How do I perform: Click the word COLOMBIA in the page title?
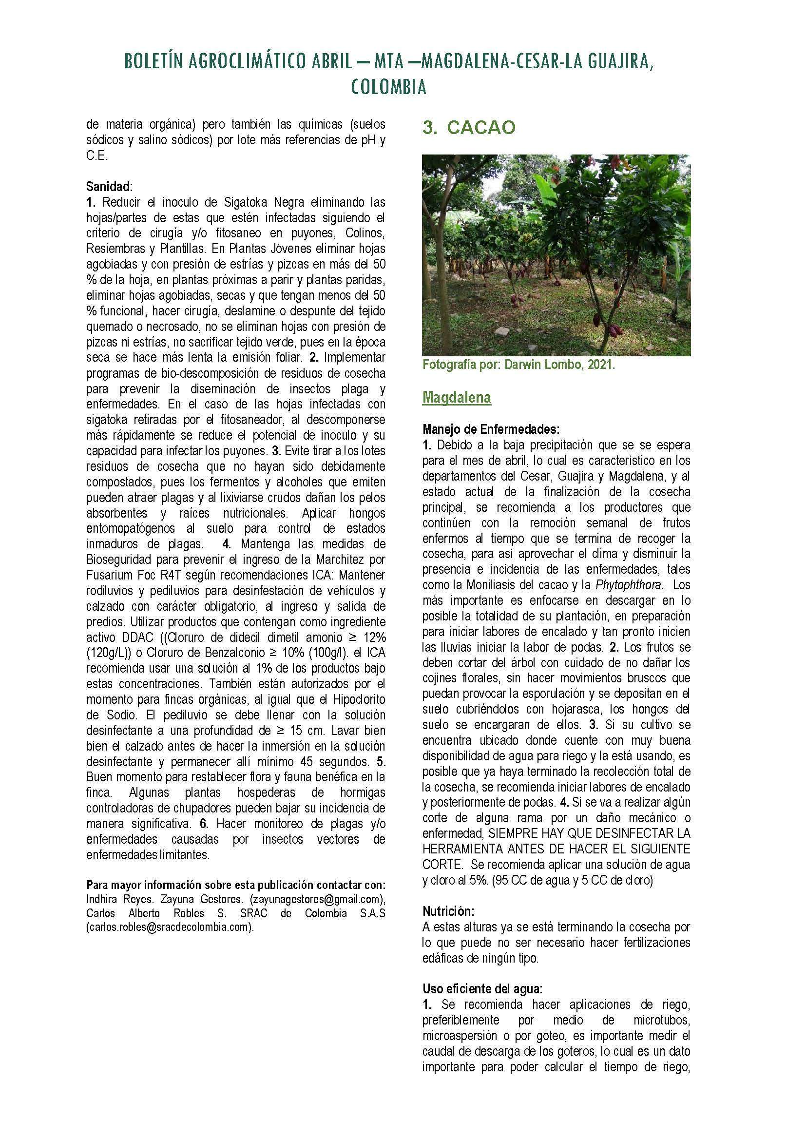coord(388,87)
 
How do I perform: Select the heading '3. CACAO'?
coord(469,128)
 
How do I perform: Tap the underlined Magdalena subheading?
coord(457,397)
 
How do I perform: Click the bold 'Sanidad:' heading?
coord(110,187)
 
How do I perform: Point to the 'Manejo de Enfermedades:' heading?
coord(491,428)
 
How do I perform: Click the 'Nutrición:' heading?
coord(448,911)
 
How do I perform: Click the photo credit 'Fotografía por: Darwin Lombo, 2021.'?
coord(518,365)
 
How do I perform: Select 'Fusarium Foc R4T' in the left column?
coord(126,575)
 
